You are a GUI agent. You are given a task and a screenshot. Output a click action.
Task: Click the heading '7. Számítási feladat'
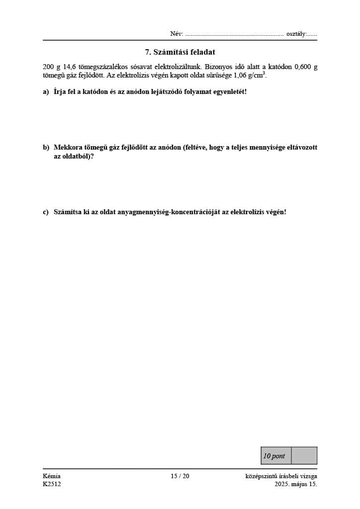(x=180, y=52)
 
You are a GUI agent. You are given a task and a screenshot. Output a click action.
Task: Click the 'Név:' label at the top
(x=177, y=34)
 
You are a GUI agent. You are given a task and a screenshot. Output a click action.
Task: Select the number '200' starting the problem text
(x=49, y=67)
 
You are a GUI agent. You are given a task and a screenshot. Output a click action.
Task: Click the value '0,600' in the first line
(x=303, y=67)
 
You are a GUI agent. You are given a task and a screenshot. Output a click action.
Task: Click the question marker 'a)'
(x=46, y=92)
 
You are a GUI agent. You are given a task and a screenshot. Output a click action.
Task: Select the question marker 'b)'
(x=46, y=148)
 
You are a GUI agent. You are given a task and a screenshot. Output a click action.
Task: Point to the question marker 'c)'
(x=46, y=212)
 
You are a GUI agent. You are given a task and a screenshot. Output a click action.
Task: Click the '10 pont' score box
(x=275, y=456)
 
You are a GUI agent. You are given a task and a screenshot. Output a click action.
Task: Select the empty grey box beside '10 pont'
(x=304, y=456)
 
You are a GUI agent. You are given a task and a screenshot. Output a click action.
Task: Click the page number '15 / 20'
(x=180, y=476)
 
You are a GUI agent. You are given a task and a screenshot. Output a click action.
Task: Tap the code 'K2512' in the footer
(x=52, y=484)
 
